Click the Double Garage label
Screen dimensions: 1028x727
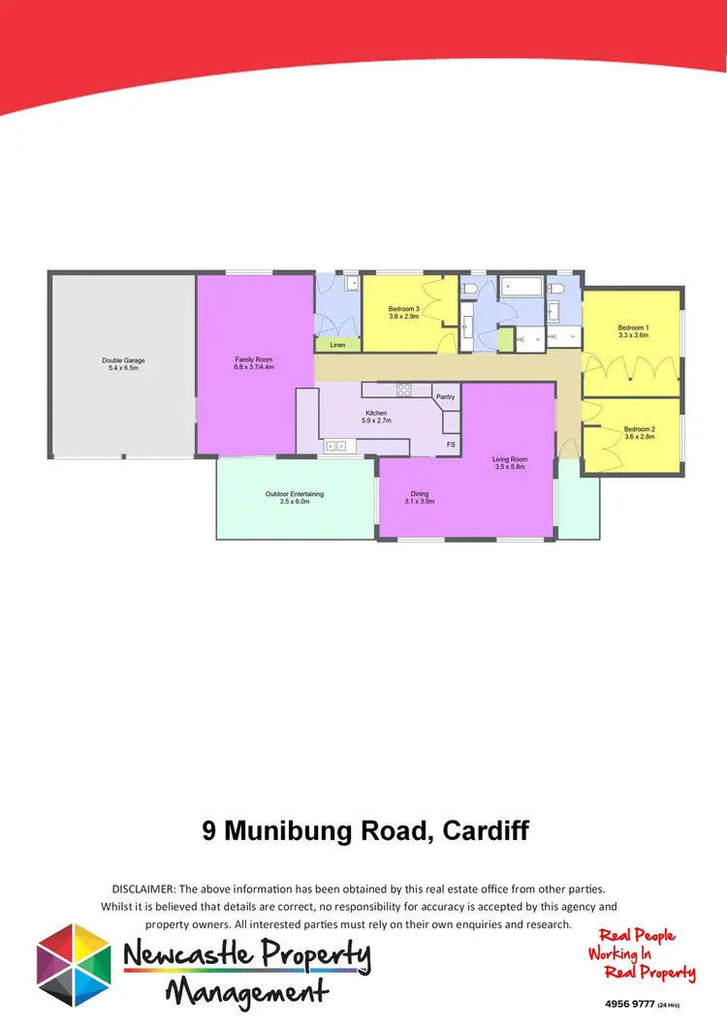point(123,360)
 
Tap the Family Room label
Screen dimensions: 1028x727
point(254,359)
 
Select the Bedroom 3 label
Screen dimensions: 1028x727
point(403,309)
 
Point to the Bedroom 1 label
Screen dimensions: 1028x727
point(633,327)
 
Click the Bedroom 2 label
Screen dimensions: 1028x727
point(640,429)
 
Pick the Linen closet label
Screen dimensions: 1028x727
point(337,345)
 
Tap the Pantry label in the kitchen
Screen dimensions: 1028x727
point(445,397)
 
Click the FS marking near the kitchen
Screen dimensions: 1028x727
point(450,445)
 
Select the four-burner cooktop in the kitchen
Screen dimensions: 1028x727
point(403,389)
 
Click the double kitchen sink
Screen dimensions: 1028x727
point(336,446)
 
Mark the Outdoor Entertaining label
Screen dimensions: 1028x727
point(294,494)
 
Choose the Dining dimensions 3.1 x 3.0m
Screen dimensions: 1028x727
point(419,502)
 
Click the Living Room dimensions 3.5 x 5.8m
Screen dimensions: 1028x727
point(510,467)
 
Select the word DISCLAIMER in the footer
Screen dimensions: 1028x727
point(142,888)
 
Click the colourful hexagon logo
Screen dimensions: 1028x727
point(74,964)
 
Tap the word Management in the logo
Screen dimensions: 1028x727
point(246,991)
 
